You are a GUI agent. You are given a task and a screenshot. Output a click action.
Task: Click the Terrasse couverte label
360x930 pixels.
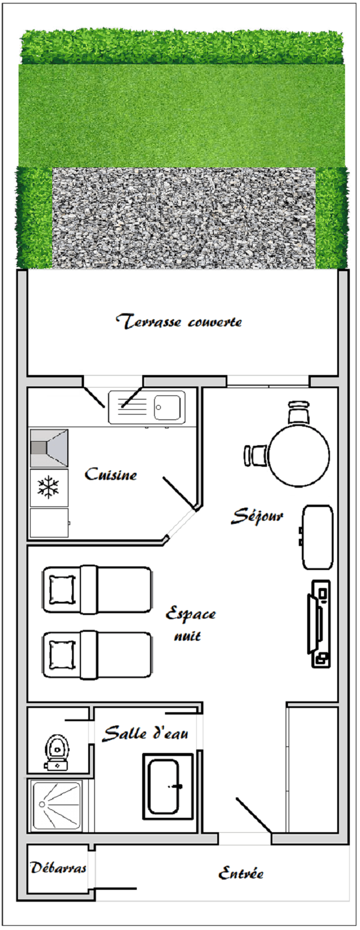(x=179, y=322)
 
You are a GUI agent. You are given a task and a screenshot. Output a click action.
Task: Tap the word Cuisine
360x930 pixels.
(x=111, y=474)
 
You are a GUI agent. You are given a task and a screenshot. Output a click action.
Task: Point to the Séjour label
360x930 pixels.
(x=257, y=516)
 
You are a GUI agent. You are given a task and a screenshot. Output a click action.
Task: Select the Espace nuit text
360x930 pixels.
(x=190, y=625)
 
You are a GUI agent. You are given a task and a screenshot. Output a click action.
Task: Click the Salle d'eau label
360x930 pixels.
(x=145, y=733)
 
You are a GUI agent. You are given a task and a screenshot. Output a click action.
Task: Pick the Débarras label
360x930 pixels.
(x=58, y=868)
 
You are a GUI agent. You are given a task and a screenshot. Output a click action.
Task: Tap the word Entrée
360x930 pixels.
(x=241, y=873)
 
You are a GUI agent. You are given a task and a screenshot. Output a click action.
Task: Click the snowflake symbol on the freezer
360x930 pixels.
(x=49, y=487)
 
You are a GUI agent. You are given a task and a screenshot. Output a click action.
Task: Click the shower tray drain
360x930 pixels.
(x=42, y=804)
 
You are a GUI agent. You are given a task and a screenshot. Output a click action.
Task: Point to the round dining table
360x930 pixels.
(x=299, y=455)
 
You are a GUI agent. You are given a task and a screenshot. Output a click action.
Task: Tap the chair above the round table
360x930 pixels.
(x=299, y=412)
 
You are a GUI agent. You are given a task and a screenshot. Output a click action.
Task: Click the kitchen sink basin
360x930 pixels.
(x=167, y=407)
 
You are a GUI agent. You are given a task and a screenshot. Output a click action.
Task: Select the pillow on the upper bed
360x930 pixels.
(x=62, y=590)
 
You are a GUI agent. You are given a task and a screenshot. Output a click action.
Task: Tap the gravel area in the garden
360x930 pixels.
(x=184, y=218)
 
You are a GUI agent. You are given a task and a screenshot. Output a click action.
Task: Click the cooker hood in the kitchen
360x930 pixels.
(x=49, y=448)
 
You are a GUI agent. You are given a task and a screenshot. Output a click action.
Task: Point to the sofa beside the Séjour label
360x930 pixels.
(x=317, y=537)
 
